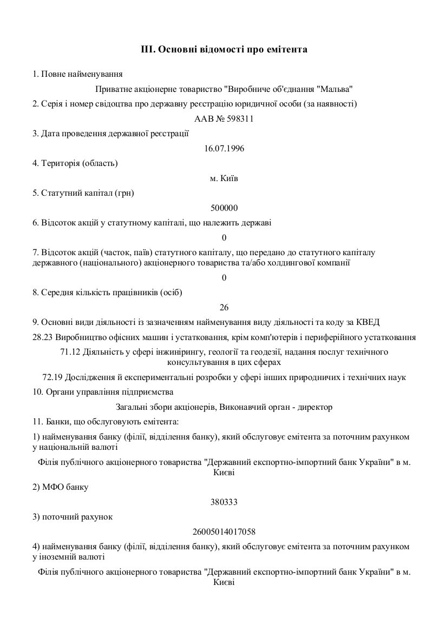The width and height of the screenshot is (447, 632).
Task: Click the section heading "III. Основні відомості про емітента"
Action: click(x=223, y=50)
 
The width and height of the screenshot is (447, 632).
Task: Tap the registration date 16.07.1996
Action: click(x=223, y=148)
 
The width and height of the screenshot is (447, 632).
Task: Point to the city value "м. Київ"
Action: click(x=223, y=178)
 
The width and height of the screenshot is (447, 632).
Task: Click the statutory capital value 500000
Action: click(x=223, y=208)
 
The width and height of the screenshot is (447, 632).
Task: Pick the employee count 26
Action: click(x=223, y=308)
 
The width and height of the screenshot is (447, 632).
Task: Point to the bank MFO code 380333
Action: click(x=223, y=502)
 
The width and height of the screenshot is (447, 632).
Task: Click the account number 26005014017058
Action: click(x=223, y=532)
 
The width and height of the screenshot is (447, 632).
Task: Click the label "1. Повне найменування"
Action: click(x=77, y=74)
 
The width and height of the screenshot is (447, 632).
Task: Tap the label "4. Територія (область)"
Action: click(x=75, y=163)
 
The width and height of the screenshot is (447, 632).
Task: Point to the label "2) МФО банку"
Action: click(x=60, y=487)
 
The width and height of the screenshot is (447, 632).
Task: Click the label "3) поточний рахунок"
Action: click(x=73, y=517)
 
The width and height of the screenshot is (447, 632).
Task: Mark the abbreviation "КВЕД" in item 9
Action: click(x=367, y=322)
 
